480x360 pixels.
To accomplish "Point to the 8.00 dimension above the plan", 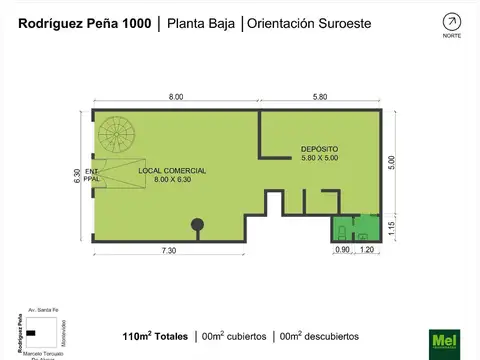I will [x=175, y=96].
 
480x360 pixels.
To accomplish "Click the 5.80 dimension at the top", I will [x=320, y=96].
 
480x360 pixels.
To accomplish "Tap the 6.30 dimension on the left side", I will [x=78, y=175].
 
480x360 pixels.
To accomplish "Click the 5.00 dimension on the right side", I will [x=392, y=162].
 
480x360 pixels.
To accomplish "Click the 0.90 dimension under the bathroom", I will [x=342, y=250].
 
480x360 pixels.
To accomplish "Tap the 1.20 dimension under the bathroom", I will [x=366, y=250].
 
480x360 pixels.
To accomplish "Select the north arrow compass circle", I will [x=452, y=21].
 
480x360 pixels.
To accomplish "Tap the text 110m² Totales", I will [x=154, y=335].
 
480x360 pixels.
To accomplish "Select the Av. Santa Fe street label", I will [x=43, y=311].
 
